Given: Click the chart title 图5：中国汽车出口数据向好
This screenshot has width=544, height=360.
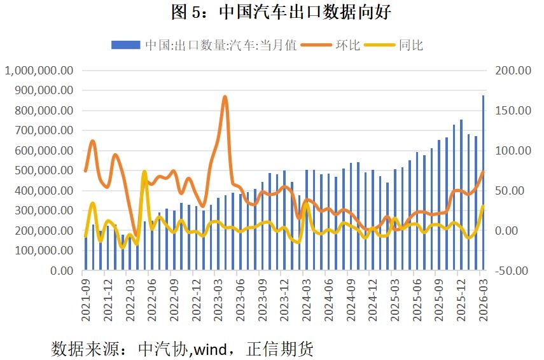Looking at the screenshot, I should point(272,11).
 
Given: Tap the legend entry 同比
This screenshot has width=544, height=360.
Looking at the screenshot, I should point(410,45).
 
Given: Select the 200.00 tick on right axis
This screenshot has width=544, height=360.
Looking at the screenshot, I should point(513,71).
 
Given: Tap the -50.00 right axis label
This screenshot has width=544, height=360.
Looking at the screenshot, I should point(512,270).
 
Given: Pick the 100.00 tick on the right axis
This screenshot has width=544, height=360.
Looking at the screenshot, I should point(513,151).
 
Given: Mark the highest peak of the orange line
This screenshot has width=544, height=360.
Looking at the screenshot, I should point(225,97).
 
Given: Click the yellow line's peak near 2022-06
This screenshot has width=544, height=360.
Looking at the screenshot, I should point(144,172).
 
